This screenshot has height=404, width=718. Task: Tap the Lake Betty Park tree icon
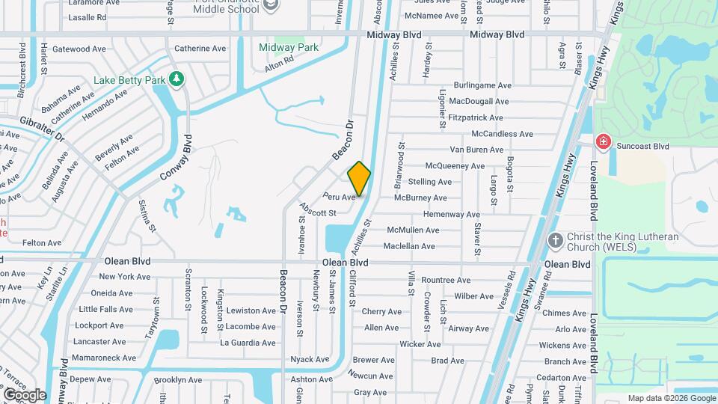coord(177,78)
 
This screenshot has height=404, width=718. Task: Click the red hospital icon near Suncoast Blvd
coord(602,141)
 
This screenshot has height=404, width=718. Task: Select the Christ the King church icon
coord(555,240)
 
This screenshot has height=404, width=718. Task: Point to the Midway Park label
coord(289,47)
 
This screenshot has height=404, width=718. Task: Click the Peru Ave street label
coord(339,197)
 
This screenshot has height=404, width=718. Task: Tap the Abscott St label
coord(317,212)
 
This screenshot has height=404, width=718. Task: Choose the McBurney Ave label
coord(420,198)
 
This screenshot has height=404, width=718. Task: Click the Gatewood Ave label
coord(79,49)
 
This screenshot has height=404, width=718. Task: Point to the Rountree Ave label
coord(446,280)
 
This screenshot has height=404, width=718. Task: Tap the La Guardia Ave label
coord(248,343)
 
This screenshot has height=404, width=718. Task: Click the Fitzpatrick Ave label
coord(476,117)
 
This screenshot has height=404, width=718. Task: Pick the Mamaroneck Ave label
coord(98,358)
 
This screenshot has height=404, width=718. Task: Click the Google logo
coord(25,394)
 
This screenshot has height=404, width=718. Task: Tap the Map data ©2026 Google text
coord(670,398)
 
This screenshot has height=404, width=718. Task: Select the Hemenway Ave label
coord(452,214)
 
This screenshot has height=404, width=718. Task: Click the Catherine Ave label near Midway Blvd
coord(200,49)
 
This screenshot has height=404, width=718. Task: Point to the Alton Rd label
coord(275,67)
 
